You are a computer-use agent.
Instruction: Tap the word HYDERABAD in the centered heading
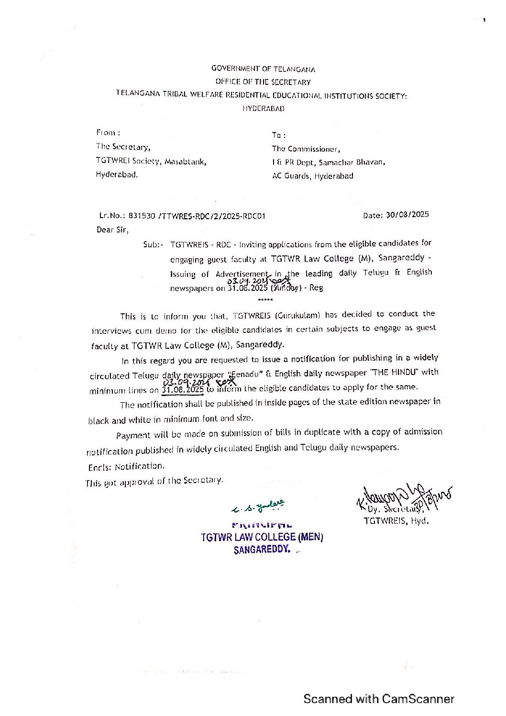263,108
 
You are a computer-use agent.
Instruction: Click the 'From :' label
108,132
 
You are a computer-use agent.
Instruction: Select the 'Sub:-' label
153,244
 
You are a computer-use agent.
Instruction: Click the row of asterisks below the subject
264,300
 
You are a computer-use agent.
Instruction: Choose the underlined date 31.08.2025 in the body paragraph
183,390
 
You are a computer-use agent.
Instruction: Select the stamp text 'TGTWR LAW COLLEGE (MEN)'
262,538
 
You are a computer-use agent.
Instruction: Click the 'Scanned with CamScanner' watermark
379,699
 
